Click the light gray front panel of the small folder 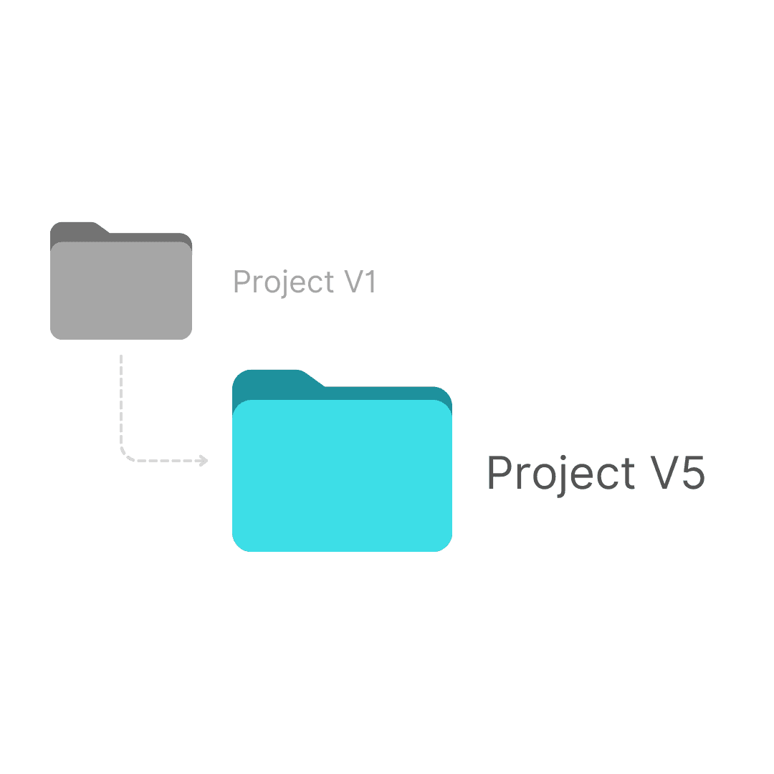click(x=121, y=290)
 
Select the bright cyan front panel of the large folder click(x=342, y=476)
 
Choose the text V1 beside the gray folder click(x=360, y=282)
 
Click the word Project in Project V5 click(x=561, y=474)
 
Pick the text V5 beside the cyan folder click(x=677, y=472)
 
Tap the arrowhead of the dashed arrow click(x=203, y=461)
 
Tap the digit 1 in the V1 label click(x=371, y=282)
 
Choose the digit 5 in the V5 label click(x=692, y=473)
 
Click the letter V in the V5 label click(x=661, y=472)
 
